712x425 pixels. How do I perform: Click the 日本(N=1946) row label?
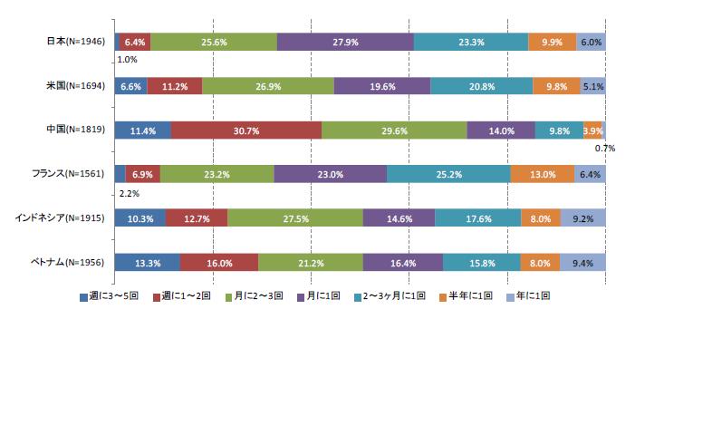coord(76,42)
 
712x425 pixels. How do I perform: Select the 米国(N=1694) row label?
coord(76,86)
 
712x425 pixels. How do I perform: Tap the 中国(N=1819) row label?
coord(76,130)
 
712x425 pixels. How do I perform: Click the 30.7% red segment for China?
coord(245,130)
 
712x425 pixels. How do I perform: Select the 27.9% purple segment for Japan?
coord(345,42)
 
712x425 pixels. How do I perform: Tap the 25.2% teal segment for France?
coord(448,174)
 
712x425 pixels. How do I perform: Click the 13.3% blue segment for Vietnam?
coord(147,263)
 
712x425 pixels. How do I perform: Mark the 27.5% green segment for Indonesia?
coord(294,218)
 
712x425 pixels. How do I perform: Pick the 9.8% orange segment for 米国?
coord(556,86)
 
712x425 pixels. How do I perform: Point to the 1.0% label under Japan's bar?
coord(128,61)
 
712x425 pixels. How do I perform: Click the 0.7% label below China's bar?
coord(605,148)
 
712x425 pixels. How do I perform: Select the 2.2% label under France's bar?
coord(129,193)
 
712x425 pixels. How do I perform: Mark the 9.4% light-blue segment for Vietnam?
coord(582,263)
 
